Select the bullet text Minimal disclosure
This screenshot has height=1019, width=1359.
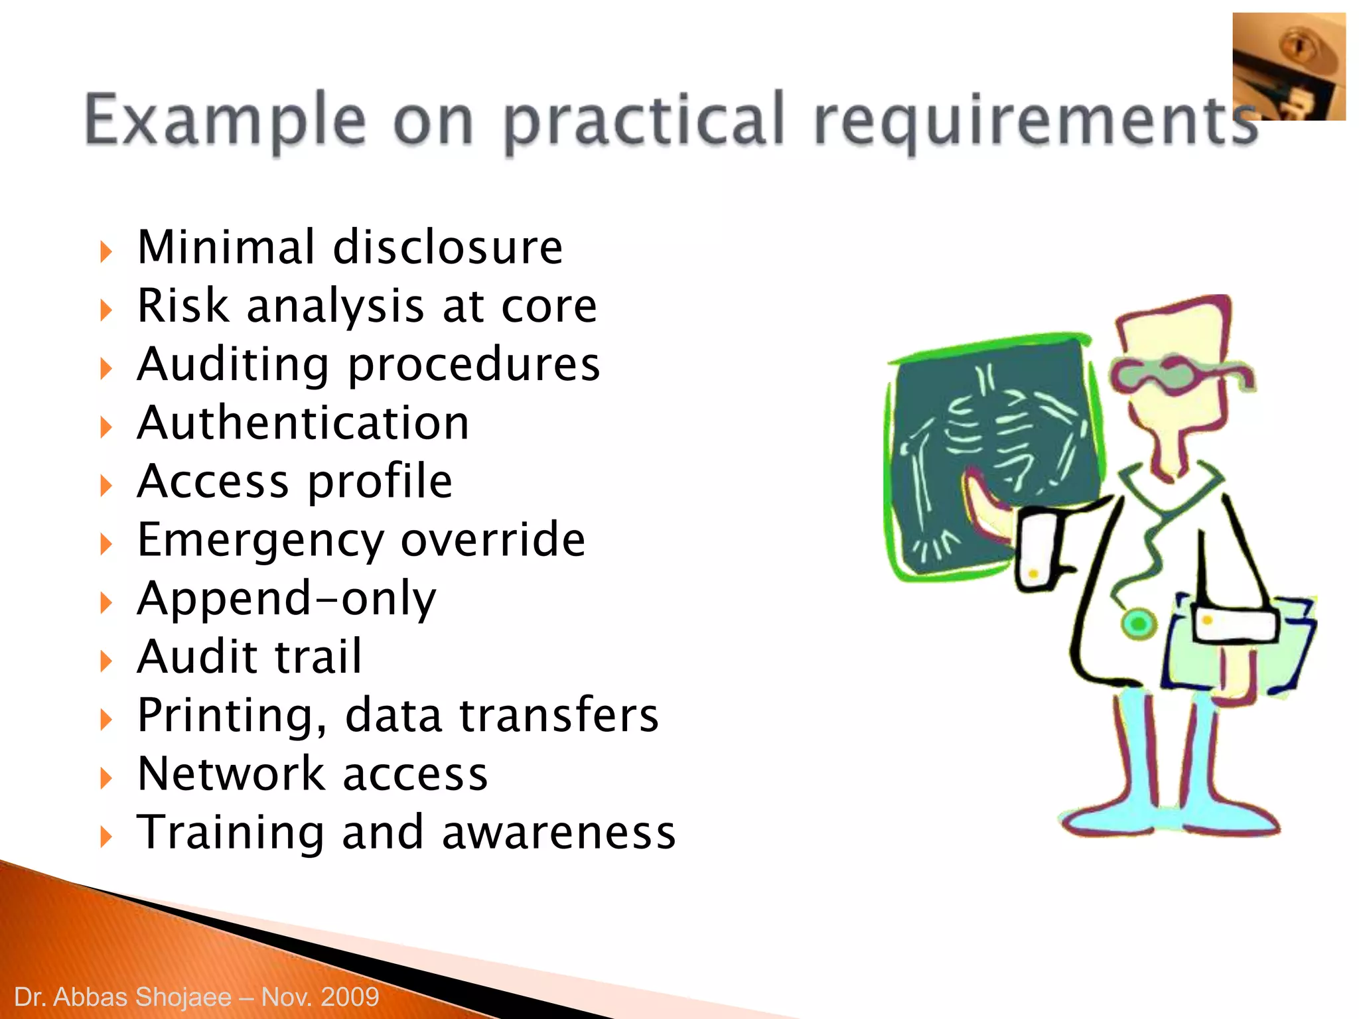(x=350, y=247)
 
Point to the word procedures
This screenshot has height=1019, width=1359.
(x=474, y=365)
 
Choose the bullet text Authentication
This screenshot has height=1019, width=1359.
(x=303, y=423)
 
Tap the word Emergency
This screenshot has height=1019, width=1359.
(x=260, y=541)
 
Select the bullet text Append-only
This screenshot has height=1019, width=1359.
(x=287, y=598)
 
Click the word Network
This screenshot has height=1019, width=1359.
(x=231, y=774)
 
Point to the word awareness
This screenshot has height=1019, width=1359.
(x=559, y=832)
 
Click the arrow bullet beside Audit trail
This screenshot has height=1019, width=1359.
(x=106, y=661)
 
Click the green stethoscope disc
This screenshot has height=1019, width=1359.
(x=1139, y=624)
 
